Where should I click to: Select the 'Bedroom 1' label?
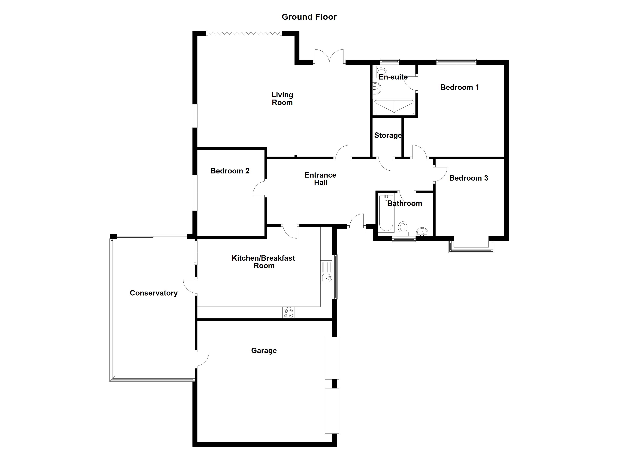pyautogui.click(x=460, y=87)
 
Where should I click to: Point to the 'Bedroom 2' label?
pyautogui.click(x=230, y=171)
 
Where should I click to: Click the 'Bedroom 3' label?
pyautogui.click(x=469, y=178)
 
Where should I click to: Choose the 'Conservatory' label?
pyautogui.click(x=154, y=293)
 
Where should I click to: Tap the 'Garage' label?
pyautogui.click(x=264, y=350)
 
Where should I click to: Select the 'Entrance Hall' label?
pyautogui.click(x=320, y=179)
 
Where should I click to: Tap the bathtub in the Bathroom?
pyautogui.click(x=386, y=213)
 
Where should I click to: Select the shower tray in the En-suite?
pyautogui.click(x=394, y=107)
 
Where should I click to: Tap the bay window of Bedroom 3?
pyautogui.click(x=471, y=247)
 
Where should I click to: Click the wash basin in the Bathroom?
pyautogui.click(x=422, y=232)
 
